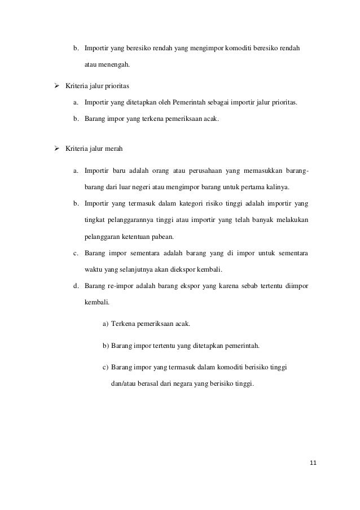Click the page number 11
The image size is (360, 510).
pyautogui.click(x=314, y=464)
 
